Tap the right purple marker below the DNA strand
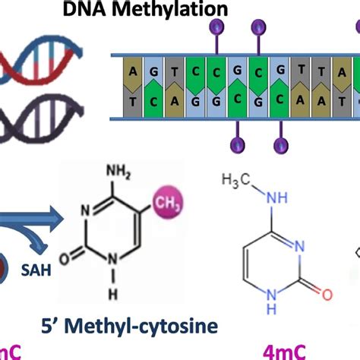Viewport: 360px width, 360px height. (x=283, y=143)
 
